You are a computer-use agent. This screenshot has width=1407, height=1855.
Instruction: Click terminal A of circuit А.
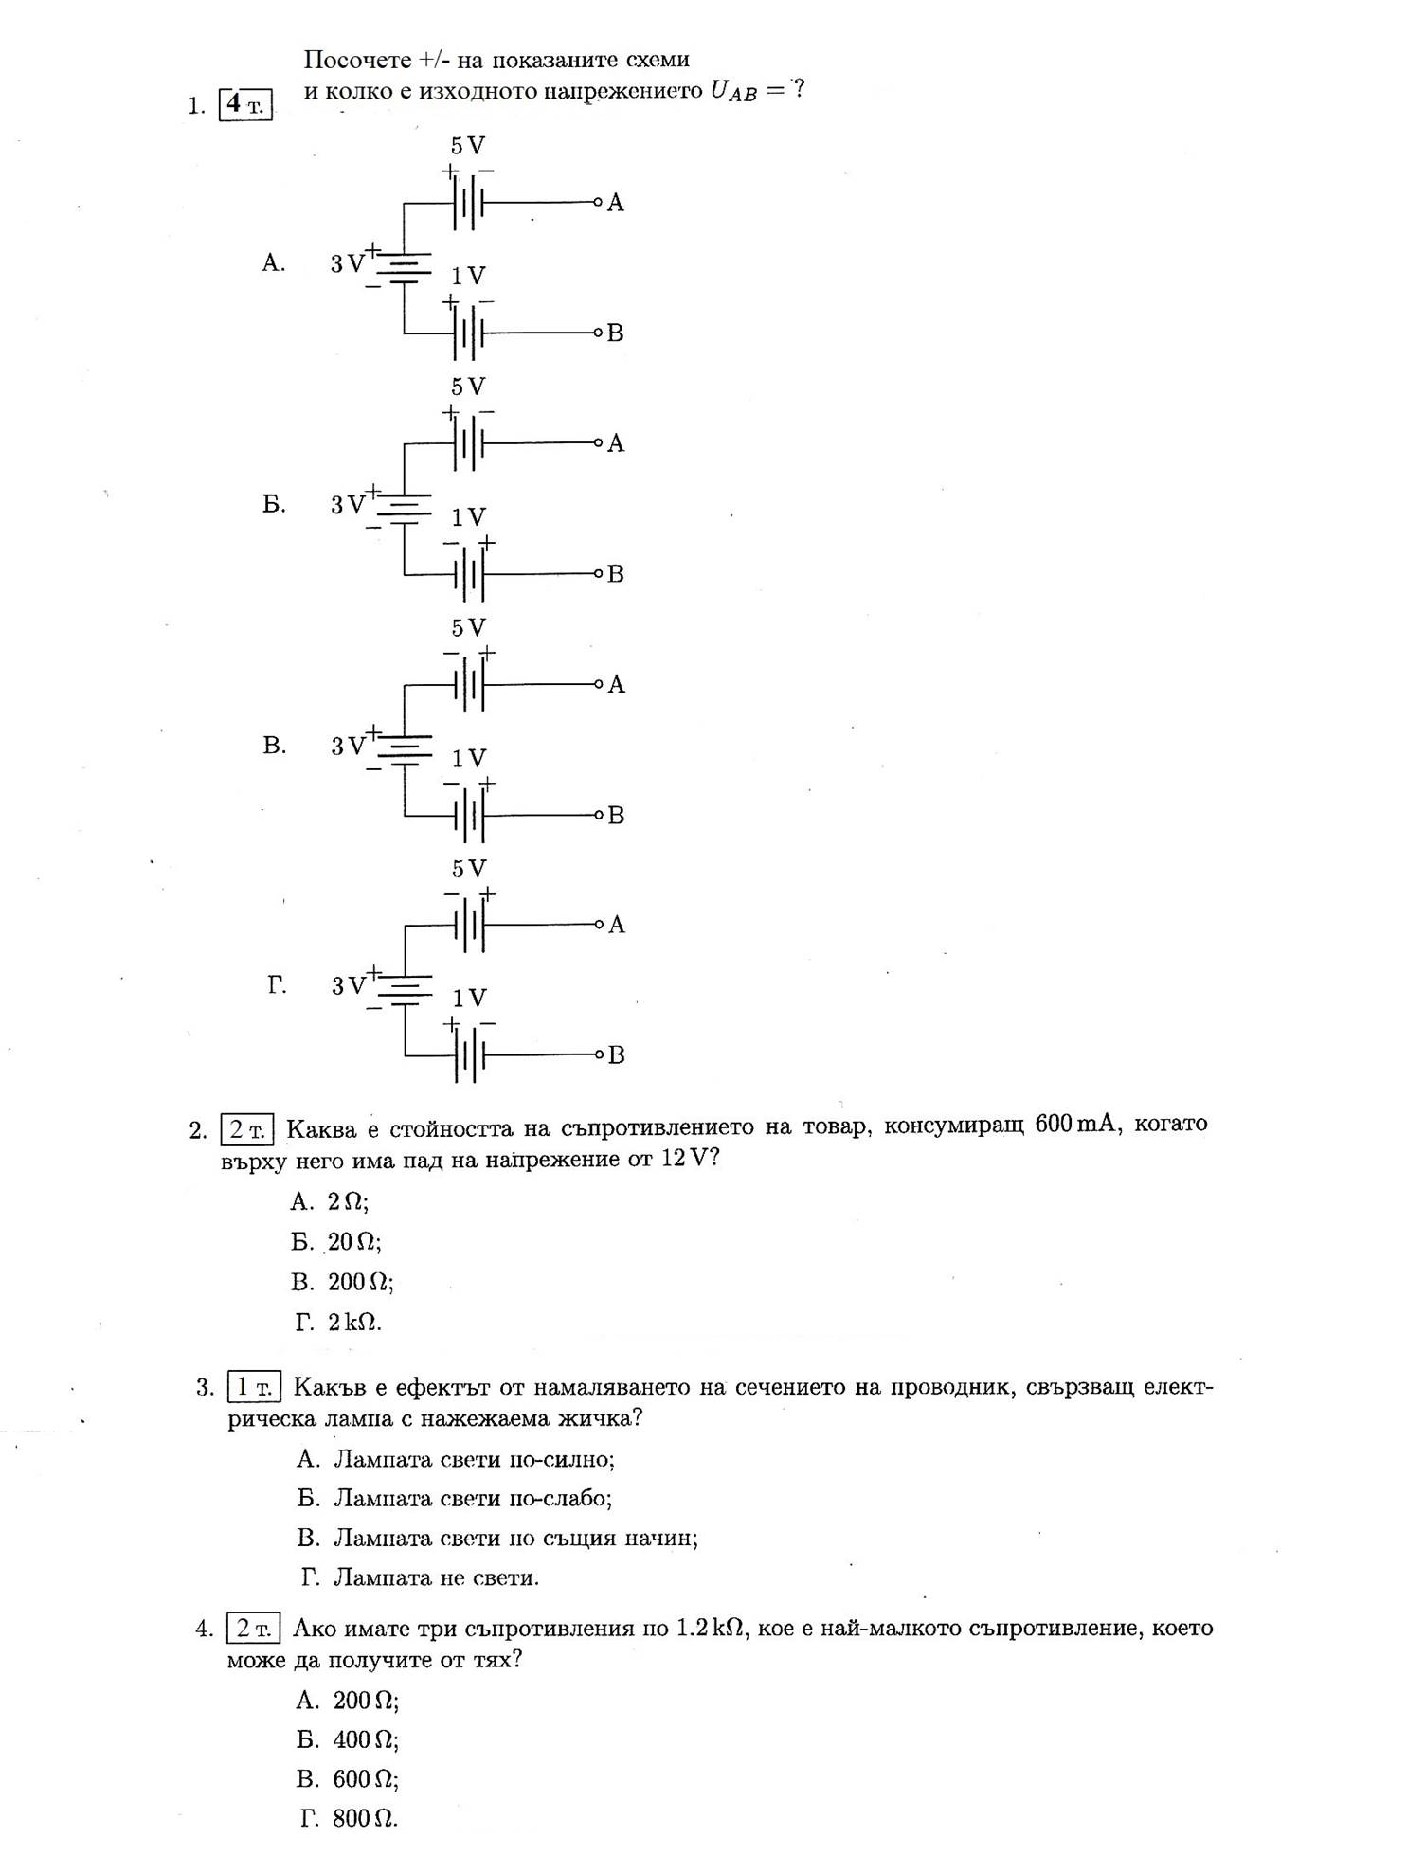599,202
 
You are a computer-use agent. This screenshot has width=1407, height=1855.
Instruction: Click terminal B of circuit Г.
599,1054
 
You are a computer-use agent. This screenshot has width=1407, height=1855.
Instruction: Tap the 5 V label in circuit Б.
467,387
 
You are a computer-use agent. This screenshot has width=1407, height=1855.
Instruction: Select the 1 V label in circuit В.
468,759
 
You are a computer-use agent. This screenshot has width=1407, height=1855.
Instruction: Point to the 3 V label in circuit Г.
348,986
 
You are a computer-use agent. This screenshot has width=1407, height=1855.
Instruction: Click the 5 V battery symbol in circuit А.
468,203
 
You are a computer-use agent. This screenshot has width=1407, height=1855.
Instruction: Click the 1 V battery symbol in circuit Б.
468,574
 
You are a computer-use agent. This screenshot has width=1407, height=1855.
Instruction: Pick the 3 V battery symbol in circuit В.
405,746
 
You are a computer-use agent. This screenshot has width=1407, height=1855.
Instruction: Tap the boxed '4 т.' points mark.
245,104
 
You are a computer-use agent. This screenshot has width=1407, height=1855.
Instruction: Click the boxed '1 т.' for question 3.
254,1388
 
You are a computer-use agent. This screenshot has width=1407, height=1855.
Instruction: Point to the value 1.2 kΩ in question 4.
709,1628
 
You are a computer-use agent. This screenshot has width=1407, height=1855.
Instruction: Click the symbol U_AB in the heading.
734,92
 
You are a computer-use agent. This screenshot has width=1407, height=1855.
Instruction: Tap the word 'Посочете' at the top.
356,60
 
